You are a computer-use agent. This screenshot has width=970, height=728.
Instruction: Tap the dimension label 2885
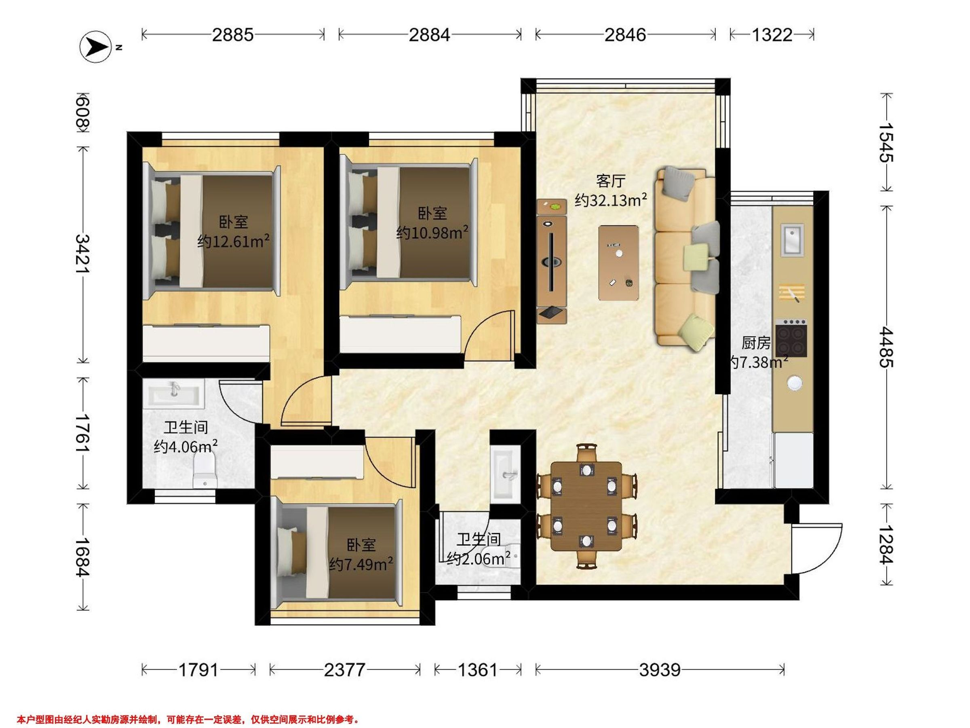[233, 35]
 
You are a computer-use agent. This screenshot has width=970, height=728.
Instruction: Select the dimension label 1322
[772, 35]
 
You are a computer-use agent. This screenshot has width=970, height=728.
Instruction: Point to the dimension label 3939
[660, 670]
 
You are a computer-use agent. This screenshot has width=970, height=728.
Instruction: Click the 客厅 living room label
[610, 181]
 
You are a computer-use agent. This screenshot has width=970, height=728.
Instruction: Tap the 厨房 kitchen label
[755, 343]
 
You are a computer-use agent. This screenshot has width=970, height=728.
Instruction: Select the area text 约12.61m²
[233, 241]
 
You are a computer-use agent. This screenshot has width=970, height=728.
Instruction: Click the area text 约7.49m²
[361, 564]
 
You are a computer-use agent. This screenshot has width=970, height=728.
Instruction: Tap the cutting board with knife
[791, 293]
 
